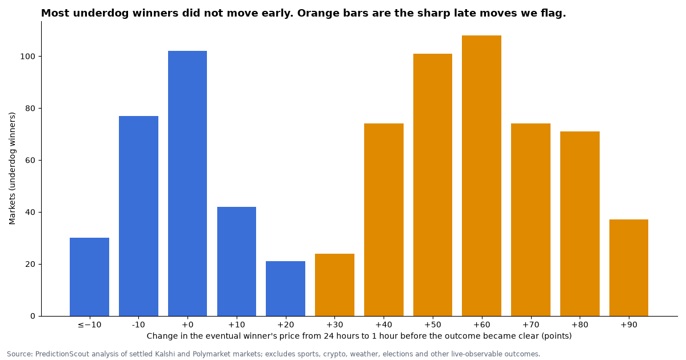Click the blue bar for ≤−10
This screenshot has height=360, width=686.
[89, 277]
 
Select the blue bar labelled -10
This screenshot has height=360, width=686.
[138, 216]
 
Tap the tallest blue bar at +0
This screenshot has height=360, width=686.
[188, 183]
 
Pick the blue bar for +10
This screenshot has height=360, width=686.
[237, 262]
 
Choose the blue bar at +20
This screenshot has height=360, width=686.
[285, 289]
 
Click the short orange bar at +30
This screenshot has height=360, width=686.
[335, 285]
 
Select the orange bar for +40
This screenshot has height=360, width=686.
[384, 220]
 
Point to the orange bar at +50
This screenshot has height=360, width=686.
[433, 185]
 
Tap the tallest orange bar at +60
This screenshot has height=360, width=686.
[482, 176]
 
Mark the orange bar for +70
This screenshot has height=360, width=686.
[531, 220]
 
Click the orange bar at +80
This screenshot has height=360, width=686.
[580, 224]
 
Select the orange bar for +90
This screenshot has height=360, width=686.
[629, 267]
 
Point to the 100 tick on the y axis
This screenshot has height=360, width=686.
[40, 57]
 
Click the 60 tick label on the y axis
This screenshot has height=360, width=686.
[30, 161]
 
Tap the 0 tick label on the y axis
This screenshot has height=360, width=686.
[33, 316]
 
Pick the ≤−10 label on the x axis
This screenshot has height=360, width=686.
[89, 325]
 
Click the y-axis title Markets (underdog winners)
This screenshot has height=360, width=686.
[12, 169]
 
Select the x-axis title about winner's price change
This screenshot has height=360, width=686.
[359, 336]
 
